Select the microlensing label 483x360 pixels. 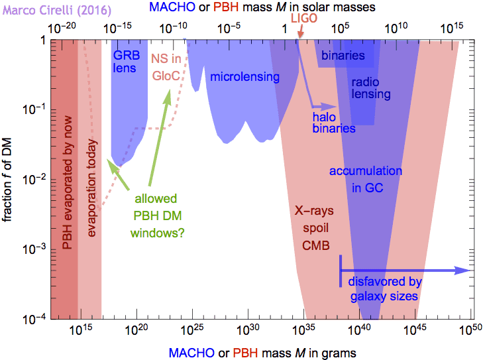[244, 77]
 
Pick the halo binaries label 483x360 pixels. [334, 122]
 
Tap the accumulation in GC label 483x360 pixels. [365, 180]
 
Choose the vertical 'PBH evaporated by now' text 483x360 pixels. [67, 180]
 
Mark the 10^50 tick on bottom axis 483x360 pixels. [471, 330]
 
